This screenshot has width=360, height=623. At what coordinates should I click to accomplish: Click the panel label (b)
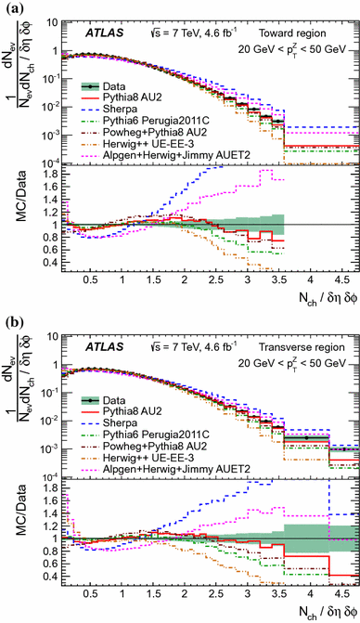11,319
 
